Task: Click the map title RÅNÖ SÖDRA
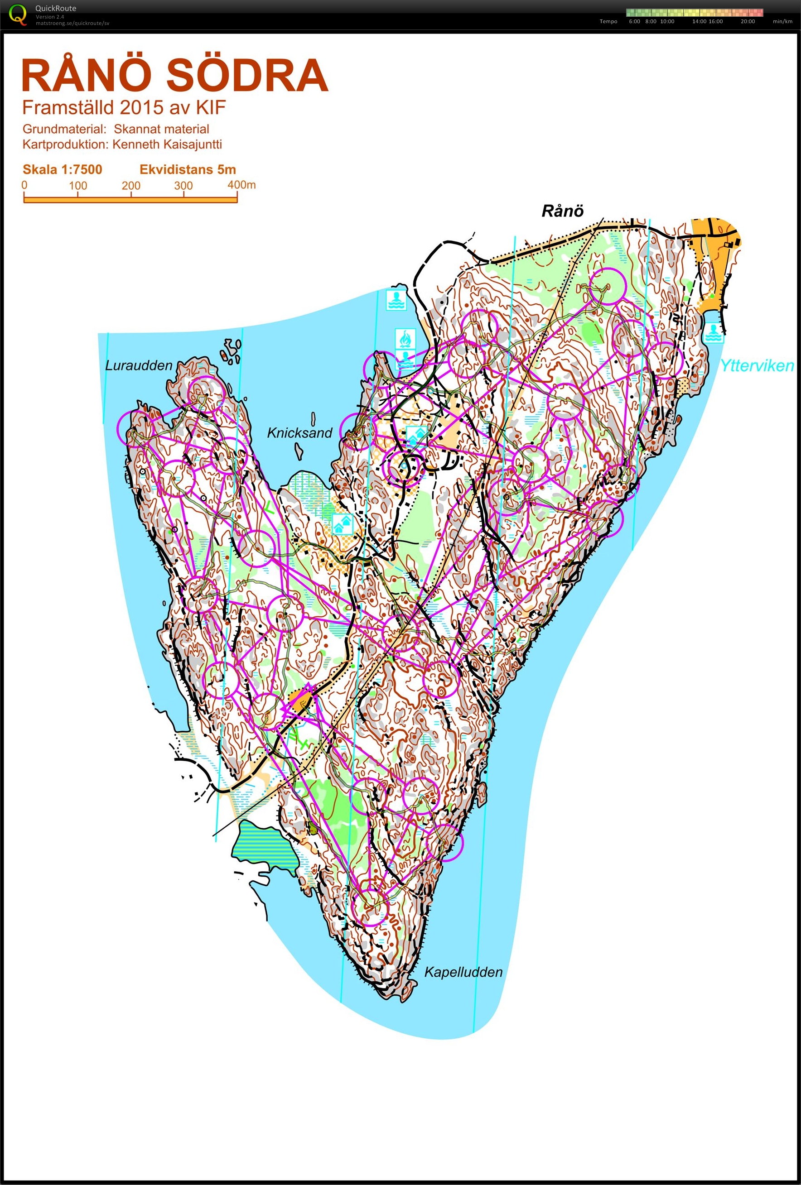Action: coord(174,76)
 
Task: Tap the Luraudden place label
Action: coord(138,365)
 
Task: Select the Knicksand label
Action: coord(299,433)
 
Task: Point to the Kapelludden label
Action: coord(463,972)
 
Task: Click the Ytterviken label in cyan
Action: coord(757,365)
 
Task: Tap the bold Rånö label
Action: coord(562,211)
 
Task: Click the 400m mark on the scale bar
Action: coord(241,185)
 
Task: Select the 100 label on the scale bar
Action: coord(78,186)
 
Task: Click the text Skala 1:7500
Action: coord(62,169)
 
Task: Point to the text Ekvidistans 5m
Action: coord(188,169)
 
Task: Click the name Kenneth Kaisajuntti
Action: coord(167,144)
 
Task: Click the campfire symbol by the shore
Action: coord(405,339)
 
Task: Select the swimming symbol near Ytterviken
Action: coord(713,332)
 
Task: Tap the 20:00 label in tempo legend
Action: coord(748,21)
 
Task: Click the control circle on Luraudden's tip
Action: coord(206,394)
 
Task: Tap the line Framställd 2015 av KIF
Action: coord(124,108)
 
